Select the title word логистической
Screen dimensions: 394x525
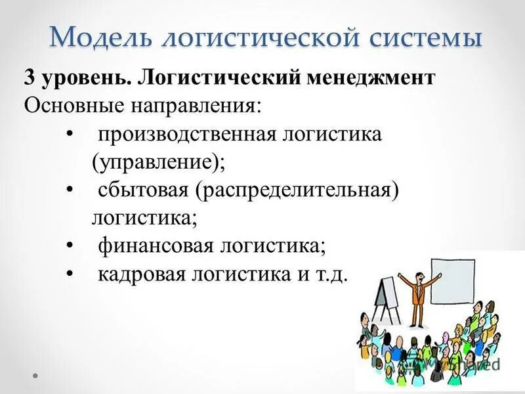pos(263,36)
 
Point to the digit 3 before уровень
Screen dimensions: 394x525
pos(30,78)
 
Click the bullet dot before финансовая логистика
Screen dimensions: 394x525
pos(70,246)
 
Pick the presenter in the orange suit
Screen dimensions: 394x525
pos(417,289)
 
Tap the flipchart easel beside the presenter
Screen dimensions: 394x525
pos(384,292)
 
